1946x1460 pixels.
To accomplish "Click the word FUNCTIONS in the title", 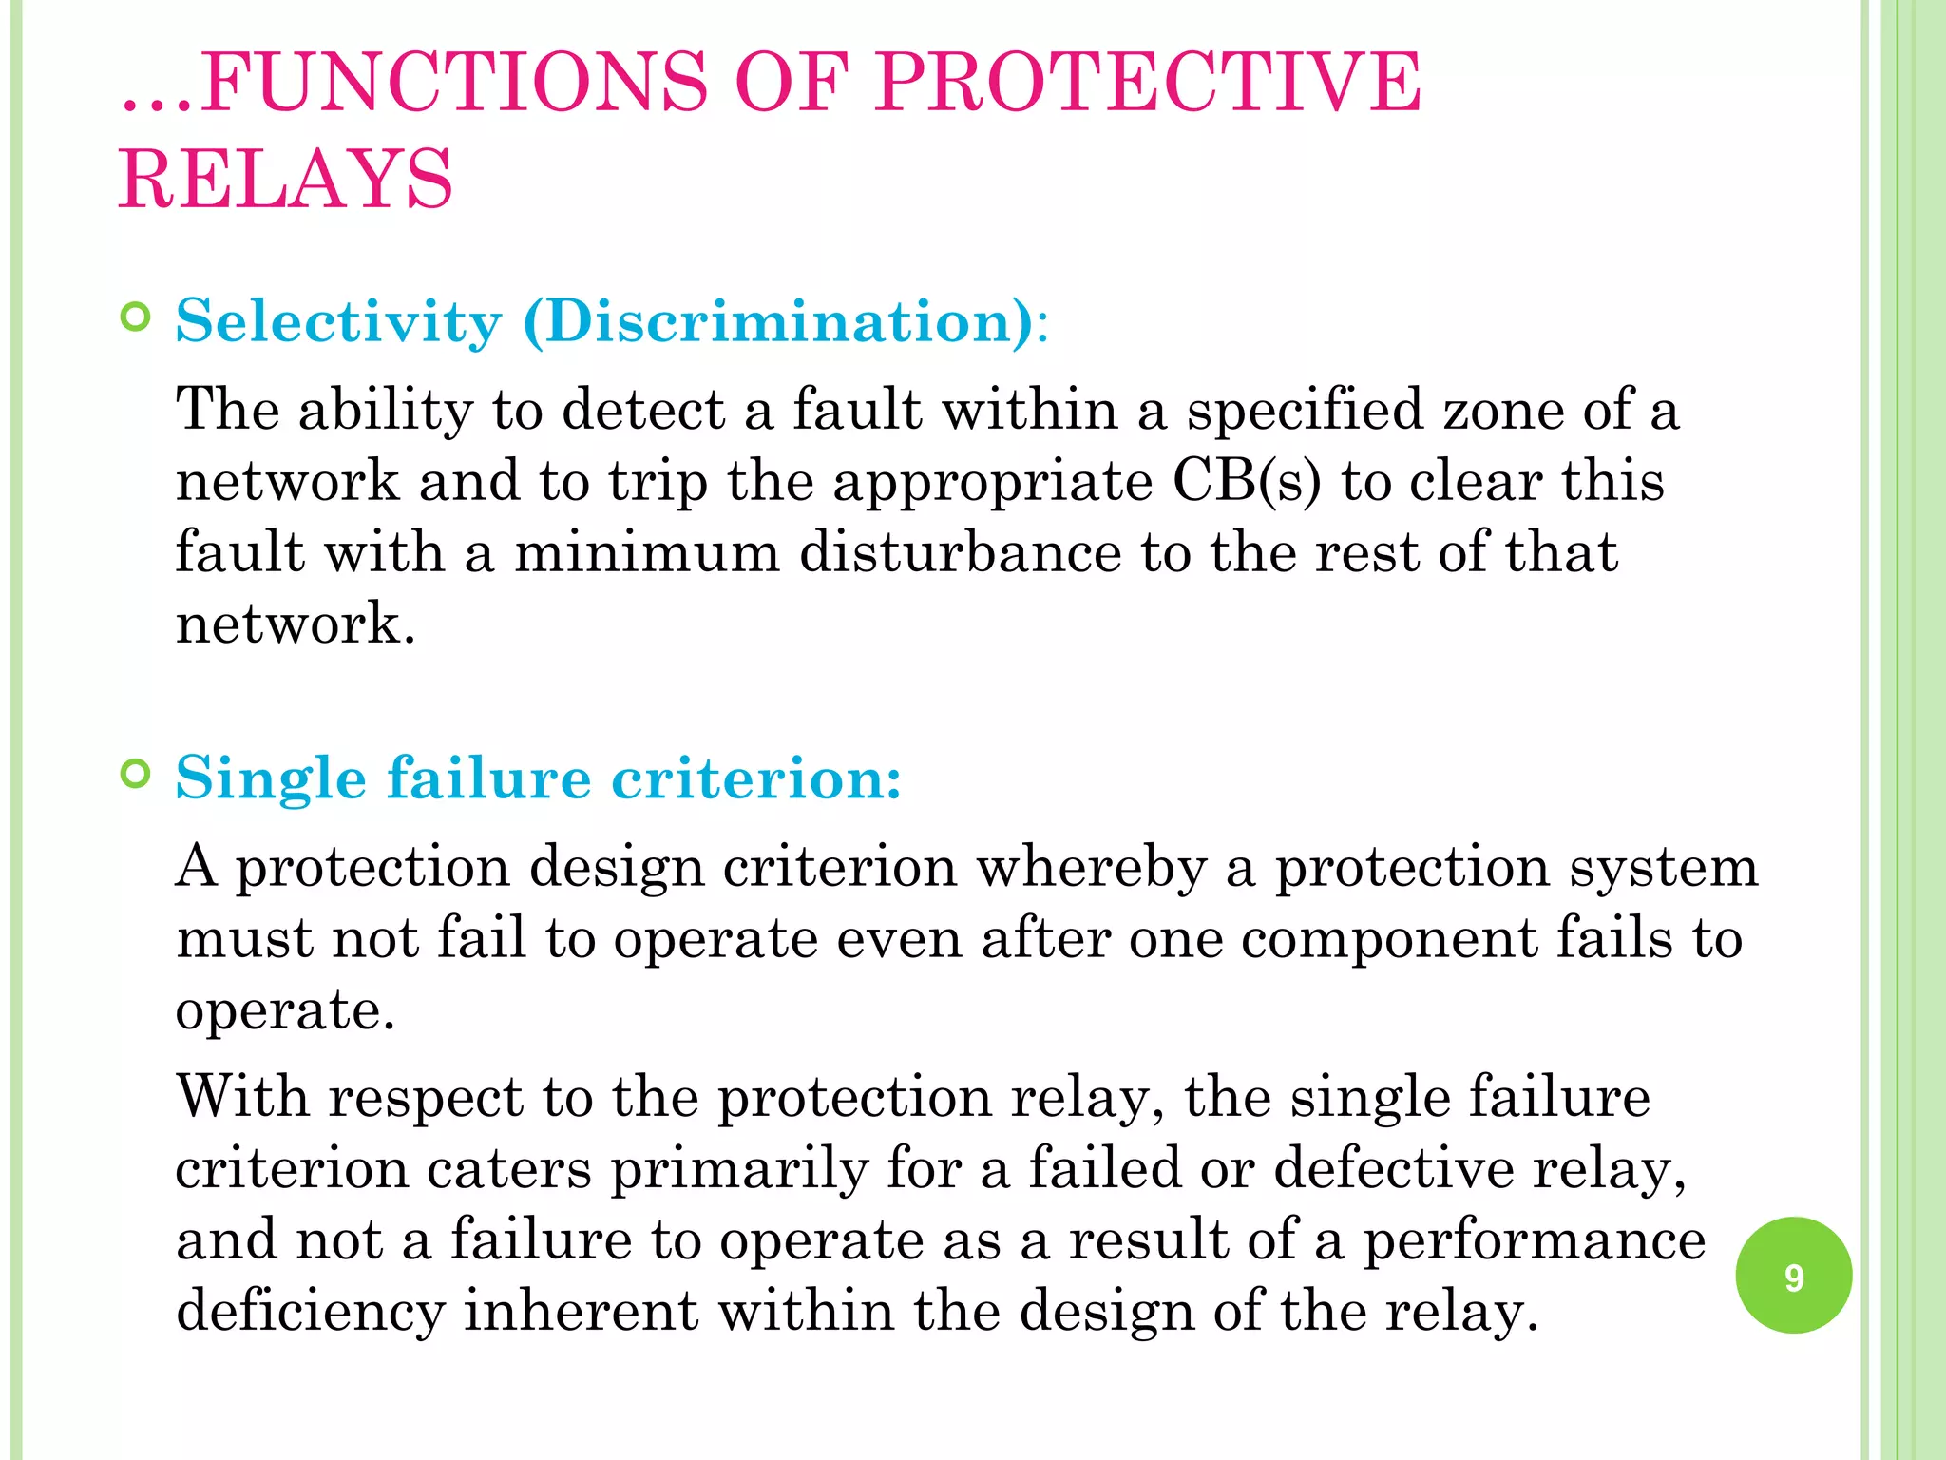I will (x=454, y=83).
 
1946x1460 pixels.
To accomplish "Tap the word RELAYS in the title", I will (x=286, y=180).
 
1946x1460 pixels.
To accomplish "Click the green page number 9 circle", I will (x=1793, y=1276).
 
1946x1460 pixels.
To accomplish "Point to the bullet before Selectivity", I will (x=137, y=317).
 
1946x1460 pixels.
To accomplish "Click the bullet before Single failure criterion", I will (x=137, y=775).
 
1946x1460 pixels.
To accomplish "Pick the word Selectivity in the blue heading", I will (x=338, y=321).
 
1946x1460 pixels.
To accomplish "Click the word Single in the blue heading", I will (x=271, y=779).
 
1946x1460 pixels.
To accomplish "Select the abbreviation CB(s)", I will (x=1247, y=481).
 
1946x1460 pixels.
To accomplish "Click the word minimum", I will (x=646, y=552).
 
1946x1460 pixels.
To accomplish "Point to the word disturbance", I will (x=960, y=552).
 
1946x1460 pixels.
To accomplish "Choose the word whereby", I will (x=1092, y=867).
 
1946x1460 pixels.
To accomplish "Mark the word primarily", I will (x=739, y=1169).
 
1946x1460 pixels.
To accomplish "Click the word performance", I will (x=1535, y=1240).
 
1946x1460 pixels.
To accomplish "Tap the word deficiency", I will (x=311, y=1312).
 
